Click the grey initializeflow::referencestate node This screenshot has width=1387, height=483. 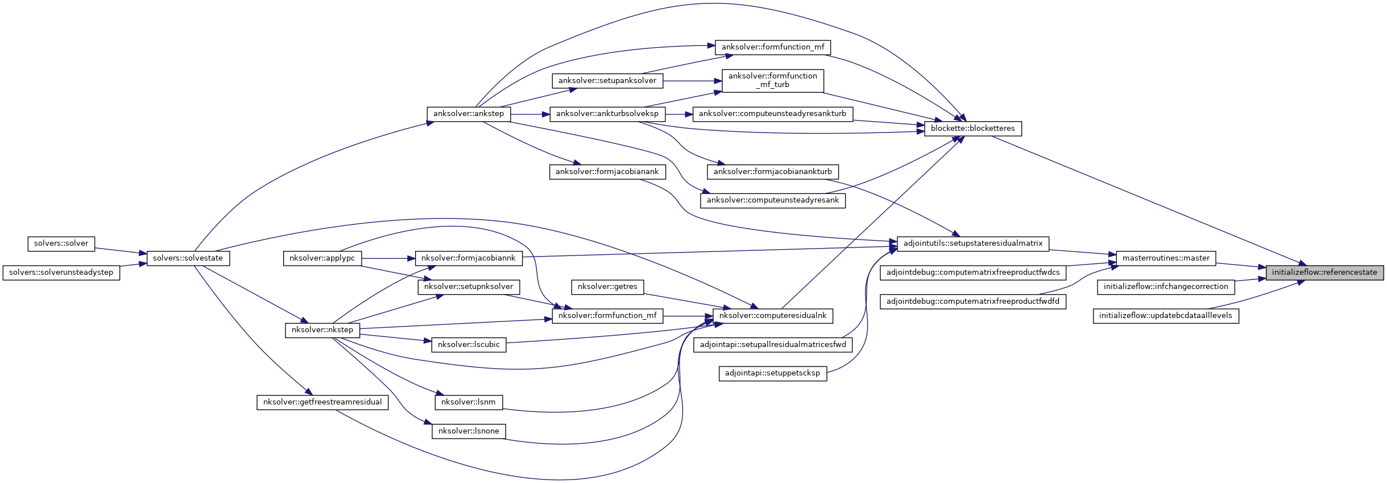(1324, 273)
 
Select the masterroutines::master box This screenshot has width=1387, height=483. (1166, 258)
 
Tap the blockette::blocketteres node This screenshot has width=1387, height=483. (972, 129)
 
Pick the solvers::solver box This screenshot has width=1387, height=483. (61, 243)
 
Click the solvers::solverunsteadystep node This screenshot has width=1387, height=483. (61, 273)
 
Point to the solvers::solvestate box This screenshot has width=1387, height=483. (188, 258)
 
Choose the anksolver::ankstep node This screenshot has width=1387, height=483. (468, 114)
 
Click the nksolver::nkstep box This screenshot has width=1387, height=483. (322, 330)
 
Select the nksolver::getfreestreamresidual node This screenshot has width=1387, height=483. (322, 402)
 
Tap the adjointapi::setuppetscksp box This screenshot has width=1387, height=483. (772, 373)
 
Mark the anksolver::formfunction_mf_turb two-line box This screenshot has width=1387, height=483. (772, 80)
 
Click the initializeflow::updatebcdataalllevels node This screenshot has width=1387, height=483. (1165, 316)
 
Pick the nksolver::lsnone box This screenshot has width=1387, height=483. (468, 431)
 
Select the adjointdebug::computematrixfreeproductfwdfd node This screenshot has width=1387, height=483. (972, 302)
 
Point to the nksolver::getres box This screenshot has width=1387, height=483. (607, 287)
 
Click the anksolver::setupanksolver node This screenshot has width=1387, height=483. (607, 81)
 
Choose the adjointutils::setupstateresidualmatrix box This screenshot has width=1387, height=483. (972, 243)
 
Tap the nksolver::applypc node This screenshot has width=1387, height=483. (322, 258)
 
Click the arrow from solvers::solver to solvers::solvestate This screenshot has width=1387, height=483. (120, 251)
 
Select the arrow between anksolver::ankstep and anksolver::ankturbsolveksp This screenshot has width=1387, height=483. (530, 114)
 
